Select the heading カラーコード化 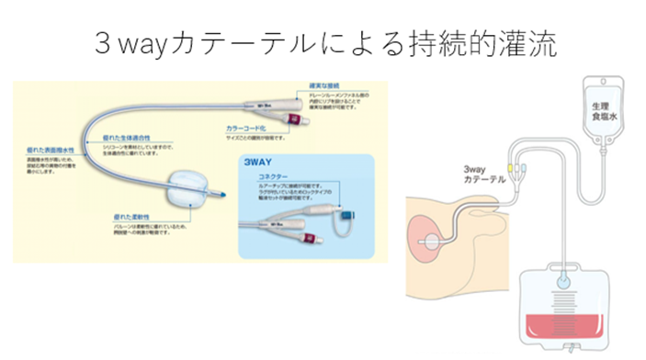click(x=246, y=129)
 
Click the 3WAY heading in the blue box click(x=255, y=162)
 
